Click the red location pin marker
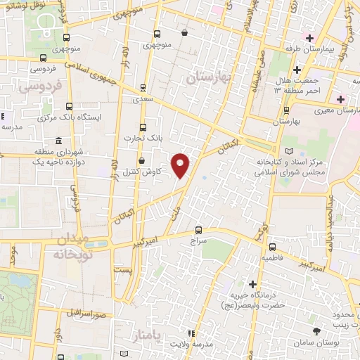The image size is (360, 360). (x=181, y=165)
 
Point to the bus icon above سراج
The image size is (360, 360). (x=199, y=229)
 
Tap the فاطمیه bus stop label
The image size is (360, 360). (x=271, y=258)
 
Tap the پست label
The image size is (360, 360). (x=124, y=271)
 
